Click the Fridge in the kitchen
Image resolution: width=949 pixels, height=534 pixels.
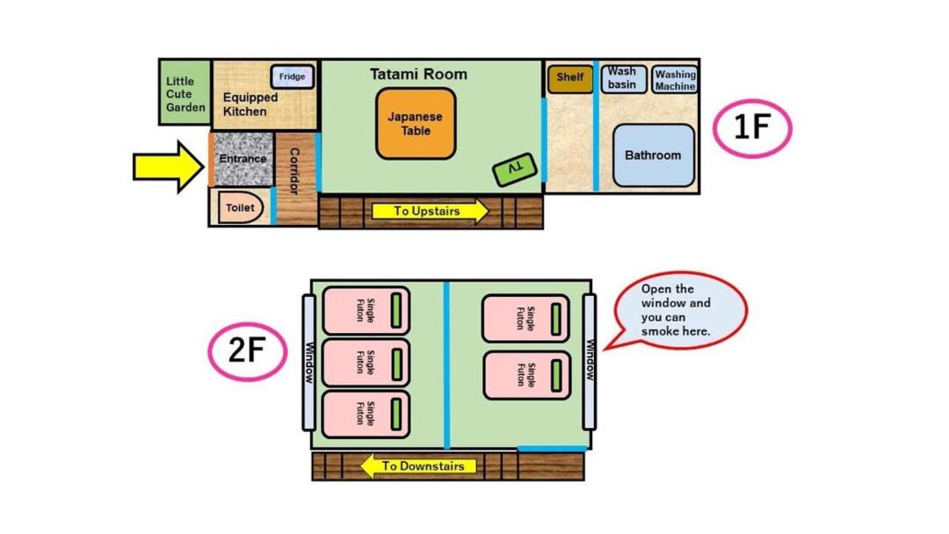tap(293, 76)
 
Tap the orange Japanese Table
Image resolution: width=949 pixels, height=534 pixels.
tap(416, 124)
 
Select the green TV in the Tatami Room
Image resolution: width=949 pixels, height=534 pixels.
tap(514, 169)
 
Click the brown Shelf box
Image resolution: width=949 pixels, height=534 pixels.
tap(570, 79)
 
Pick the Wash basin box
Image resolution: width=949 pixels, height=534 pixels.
tap(623, 79)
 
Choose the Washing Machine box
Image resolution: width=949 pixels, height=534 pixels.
tap(675, 80)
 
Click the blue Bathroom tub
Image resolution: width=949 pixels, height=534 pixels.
tap(654, 155)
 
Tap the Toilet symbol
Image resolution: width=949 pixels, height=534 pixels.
tap(240, 207)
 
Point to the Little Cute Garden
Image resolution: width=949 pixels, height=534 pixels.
tap(185, 92)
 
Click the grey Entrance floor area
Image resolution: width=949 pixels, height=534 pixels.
tap(243, 159)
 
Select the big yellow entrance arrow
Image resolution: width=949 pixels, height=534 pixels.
tap(169, 167)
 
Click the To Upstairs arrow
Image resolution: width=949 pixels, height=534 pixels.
tap(431, 211)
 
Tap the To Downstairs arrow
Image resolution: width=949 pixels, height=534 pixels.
tap(418, 466)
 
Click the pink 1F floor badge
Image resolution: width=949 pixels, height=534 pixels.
tap(751, 128)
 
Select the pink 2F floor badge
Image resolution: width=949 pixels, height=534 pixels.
tap(248, 351)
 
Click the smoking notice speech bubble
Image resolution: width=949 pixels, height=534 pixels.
tap(677, 311)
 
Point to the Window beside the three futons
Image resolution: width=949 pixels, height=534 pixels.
tap(308, 363)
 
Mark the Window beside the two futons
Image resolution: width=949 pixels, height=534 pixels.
tap(590, 362)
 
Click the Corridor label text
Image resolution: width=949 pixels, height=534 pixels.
tap(294, 171)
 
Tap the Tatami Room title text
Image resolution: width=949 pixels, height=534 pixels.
tap(418, 75)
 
